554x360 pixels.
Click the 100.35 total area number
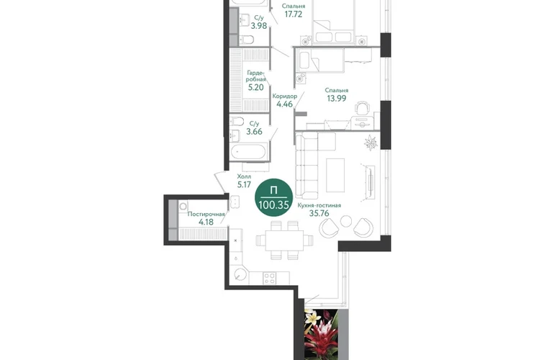pos(274,204)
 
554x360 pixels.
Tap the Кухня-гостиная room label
pos(319,205)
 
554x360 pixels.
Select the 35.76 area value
pos(319,213)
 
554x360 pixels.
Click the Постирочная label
pos(206,214)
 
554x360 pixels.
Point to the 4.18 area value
pos(206,222)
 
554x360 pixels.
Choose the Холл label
pos(244,176)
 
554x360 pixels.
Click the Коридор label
pos(285,96)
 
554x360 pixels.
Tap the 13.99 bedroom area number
pos(337,99)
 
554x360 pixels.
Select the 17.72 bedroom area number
pos(294,14)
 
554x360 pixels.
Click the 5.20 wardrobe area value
pos(256,87)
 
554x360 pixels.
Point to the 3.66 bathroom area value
pos(255,132)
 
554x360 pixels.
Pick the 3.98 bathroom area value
pos(259,25)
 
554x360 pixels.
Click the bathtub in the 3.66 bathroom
pos(248,153)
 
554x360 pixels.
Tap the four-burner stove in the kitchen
pos(270,278)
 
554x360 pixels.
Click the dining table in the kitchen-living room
pos(284,240)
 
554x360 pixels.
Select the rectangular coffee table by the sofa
pos(335,175)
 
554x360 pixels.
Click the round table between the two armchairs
pos(346,221)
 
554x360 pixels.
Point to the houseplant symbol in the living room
pos(371,143)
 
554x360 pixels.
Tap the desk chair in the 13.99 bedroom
pos(362,108)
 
